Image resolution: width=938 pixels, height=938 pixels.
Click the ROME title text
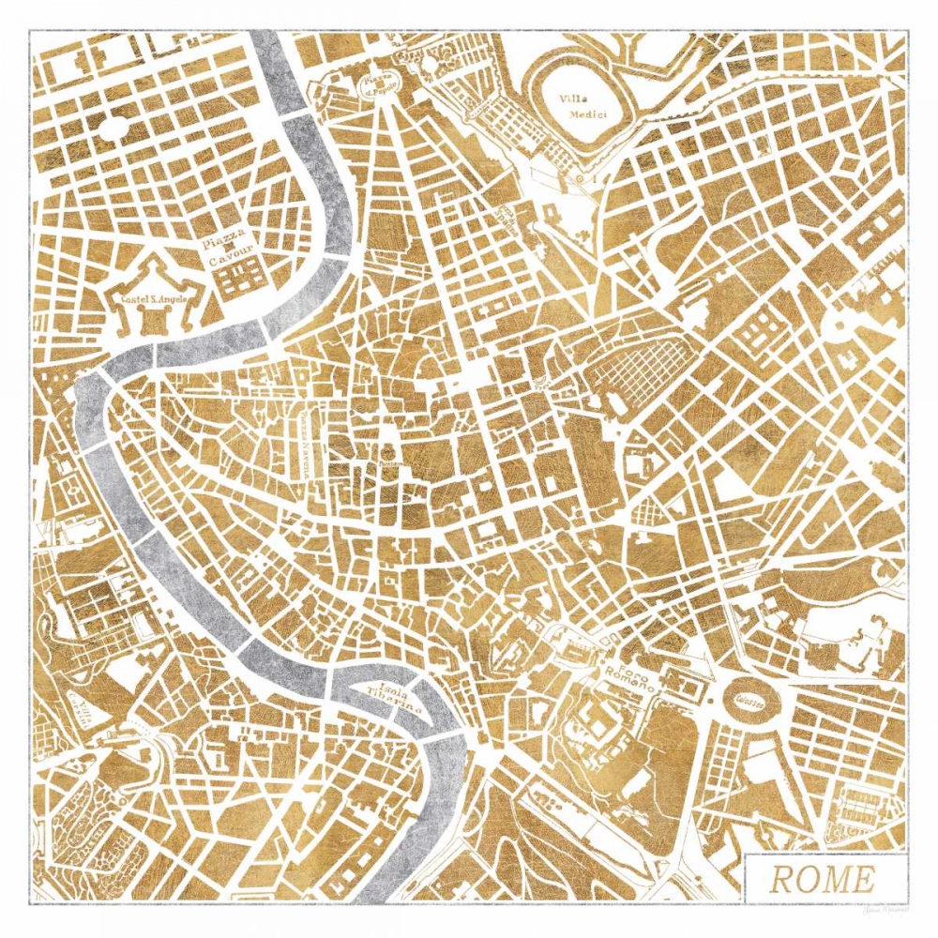(823, 880)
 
